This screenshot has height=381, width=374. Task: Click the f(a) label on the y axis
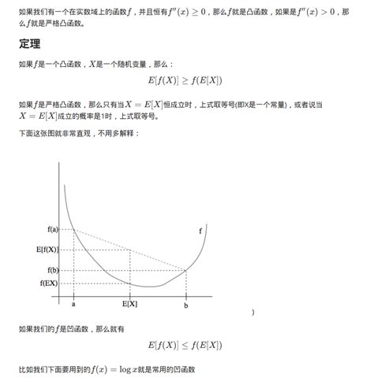coord(53,229)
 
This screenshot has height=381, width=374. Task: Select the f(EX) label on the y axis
coord(50,283)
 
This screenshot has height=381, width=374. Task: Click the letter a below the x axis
coord(73,303)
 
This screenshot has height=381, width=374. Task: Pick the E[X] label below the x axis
coord(130,303)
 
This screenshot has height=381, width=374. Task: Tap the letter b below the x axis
coord(186,303)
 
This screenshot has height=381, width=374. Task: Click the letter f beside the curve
coord(200,230)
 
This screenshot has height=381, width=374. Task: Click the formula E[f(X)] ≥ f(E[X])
coord(184,81)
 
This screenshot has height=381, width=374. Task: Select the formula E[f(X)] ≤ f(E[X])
coord(184,345)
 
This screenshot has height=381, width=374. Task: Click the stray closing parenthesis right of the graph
coord(253,313)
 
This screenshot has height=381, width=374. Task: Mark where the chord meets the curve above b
coord(186,271)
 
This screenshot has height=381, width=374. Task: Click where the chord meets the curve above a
coord(73,229)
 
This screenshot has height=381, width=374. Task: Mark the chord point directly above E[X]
coord(130,250)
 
